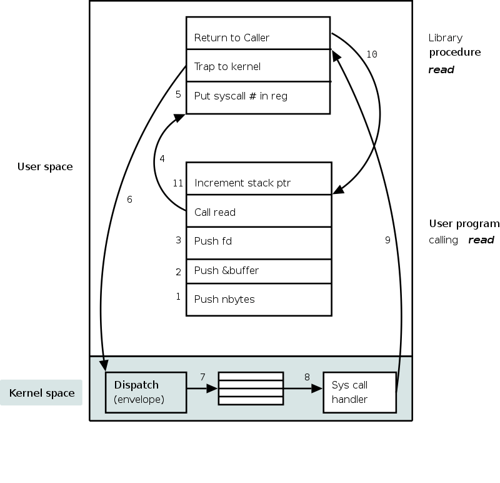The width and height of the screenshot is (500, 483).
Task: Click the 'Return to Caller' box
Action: (x=258, y=33)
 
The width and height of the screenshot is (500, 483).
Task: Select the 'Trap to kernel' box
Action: (x=258, y=66)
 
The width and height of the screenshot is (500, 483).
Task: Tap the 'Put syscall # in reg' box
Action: (x=258, y=98)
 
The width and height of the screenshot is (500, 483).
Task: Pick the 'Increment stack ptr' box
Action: (x=259, y=178)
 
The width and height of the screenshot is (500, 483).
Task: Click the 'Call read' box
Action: (x=259, y=211)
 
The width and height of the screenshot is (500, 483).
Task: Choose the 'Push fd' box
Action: (x=259, y=243)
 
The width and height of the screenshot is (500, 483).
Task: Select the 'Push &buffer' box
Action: (x=259, y=272)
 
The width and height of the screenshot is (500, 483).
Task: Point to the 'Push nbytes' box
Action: (x=259, y=300)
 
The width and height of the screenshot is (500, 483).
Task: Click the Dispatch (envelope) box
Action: (x=146, y=392)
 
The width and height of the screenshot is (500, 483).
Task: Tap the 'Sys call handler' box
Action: (x=360, y=392)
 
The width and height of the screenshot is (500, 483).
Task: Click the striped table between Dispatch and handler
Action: (x=251, y=389)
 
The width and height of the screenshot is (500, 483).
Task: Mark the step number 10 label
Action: (x=372, y=54)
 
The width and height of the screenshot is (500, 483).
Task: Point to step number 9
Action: (x=387, y=240)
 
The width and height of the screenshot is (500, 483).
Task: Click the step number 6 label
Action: (x=129, y=200)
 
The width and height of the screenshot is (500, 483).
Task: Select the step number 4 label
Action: (x=162, y=159)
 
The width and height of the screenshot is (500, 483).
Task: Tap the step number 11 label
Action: (x=178, y=183)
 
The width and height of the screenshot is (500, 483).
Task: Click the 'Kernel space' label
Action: (x=42, y=393)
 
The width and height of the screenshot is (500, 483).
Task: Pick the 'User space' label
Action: (x=45, y=166)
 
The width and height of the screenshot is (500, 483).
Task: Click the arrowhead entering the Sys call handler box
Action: (x=317, y=389)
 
